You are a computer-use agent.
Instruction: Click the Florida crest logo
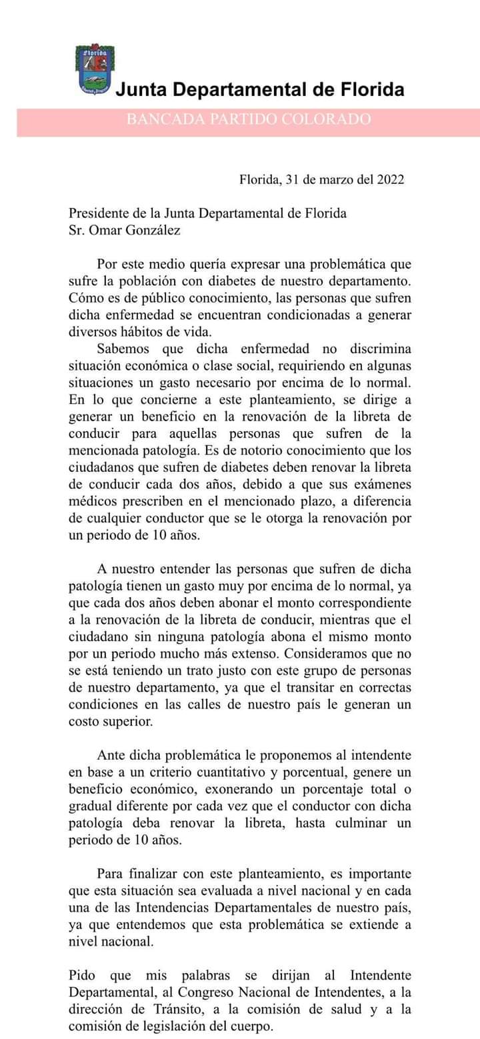point(95,71)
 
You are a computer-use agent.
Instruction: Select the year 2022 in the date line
point(390,179)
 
